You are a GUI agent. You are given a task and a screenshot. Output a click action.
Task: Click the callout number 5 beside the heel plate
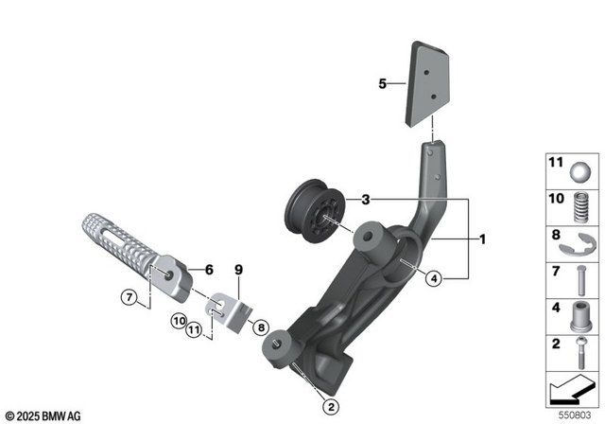point(384,84)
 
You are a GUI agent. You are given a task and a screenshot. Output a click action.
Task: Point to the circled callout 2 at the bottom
point(330,407)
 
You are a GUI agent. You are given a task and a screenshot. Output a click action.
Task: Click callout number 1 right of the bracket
point(483,240)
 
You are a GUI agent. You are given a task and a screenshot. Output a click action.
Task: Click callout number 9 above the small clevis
point(239,270)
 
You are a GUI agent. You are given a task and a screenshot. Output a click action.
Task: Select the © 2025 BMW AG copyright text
point(45,414)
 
